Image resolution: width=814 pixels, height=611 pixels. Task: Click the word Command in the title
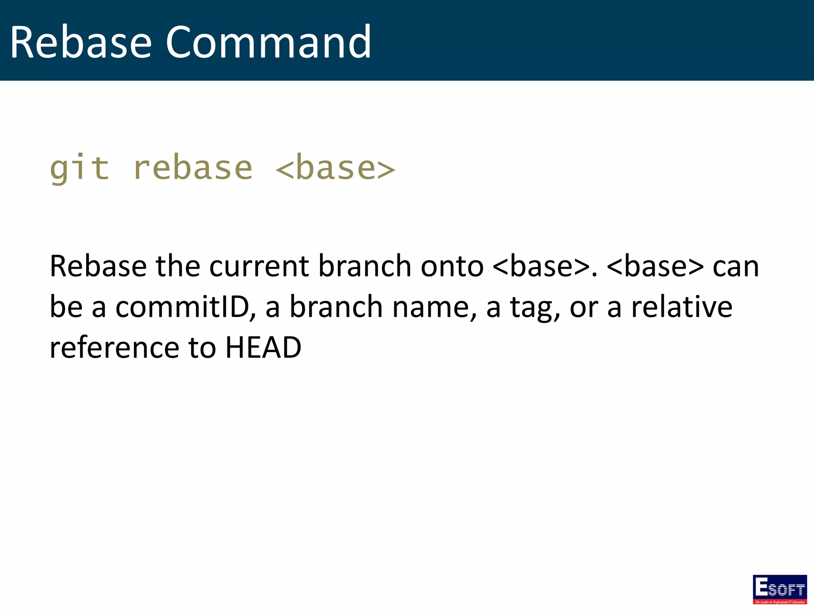[x=268, y=42]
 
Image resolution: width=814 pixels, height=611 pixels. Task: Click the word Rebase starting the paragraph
[x=98, y=266]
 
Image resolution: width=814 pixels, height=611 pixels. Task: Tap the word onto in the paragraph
[x=452, y=266]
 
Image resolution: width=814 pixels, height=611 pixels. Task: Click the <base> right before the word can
[x=655, y=266]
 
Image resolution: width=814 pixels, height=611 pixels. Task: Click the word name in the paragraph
[x=434, y=307]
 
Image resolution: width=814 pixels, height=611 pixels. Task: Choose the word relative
[x=682, y=307]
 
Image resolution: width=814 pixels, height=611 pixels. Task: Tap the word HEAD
[x=263, y=348]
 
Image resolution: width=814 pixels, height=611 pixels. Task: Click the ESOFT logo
[x=779, y=589]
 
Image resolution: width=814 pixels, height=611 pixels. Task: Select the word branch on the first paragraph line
[x=364, y=266]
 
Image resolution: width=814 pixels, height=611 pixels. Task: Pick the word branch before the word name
[x=336, y=307]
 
